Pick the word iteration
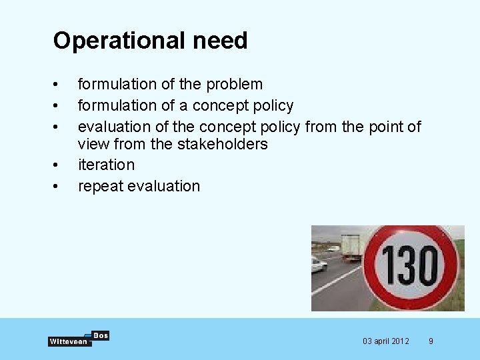pyautogui.click(x=106, y=165)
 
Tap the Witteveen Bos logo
pyautogui.click(x=78, y=339)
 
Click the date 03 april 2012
pyautogui.click(x=386, y=341)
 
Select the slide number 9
pyautogui.click(x=431, y=341)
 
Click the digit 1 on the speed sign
pyautogui.click(x=386, y=265)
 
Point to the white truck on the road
pyautogui.click(x=351, y=247)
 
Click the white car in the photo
pyautogui.click(x=318, y=265)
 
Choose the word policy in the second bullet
pyautogui.click(x=275, y=105)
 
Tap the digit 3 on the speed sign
pyautogui.click(x=405, y=265)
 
